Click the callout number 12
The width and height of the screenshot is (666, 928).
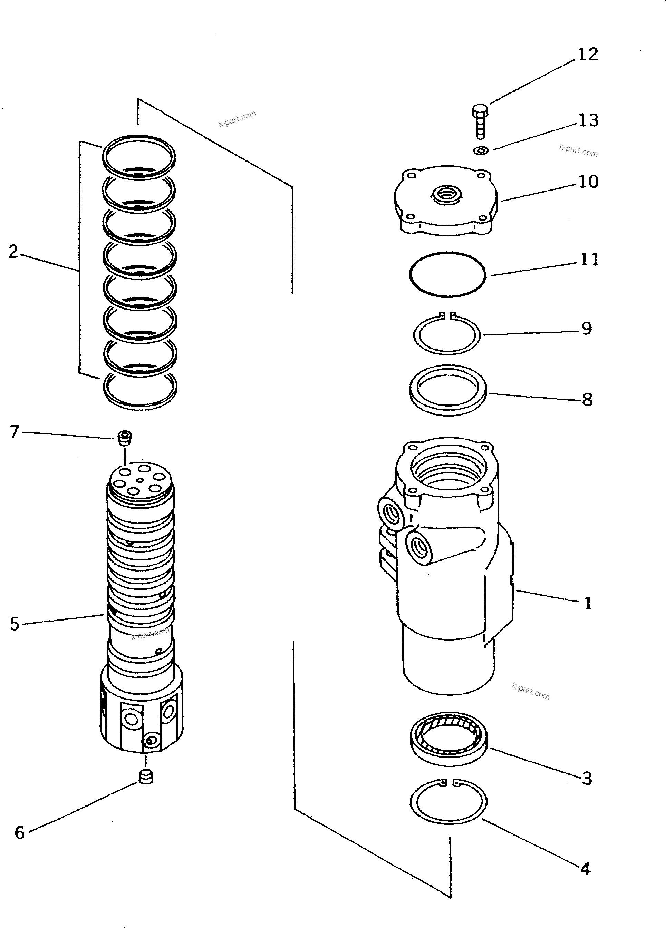(588, 55)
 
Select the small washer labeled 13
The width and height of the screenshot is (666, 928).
(481, 151)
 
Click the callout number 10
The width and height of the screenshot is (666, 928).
(588, 182)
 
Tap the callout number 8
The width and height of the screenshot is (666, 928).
(587, 400)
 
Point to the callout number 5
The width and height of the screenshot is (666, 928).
(14, 624)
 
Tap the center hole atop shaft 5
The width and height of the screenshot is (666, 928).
(140, 480)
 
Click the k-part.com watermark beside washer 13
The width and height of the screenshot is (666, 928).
(578, 150)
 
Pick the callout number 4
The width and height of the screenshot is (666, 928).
(585, 869)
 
